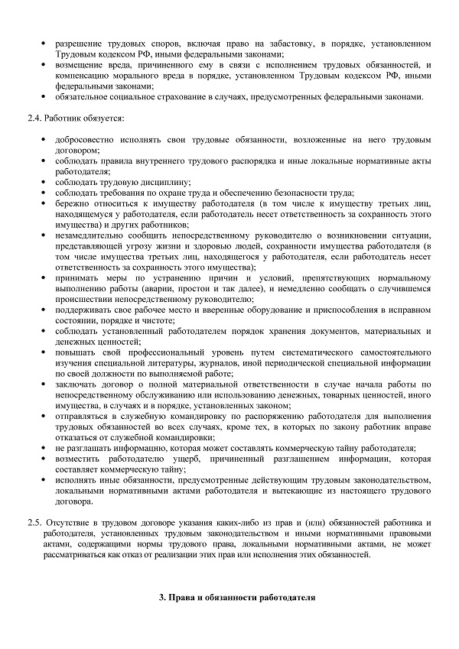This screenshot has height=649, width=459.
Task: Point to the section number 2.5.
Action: coord(34,522)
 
